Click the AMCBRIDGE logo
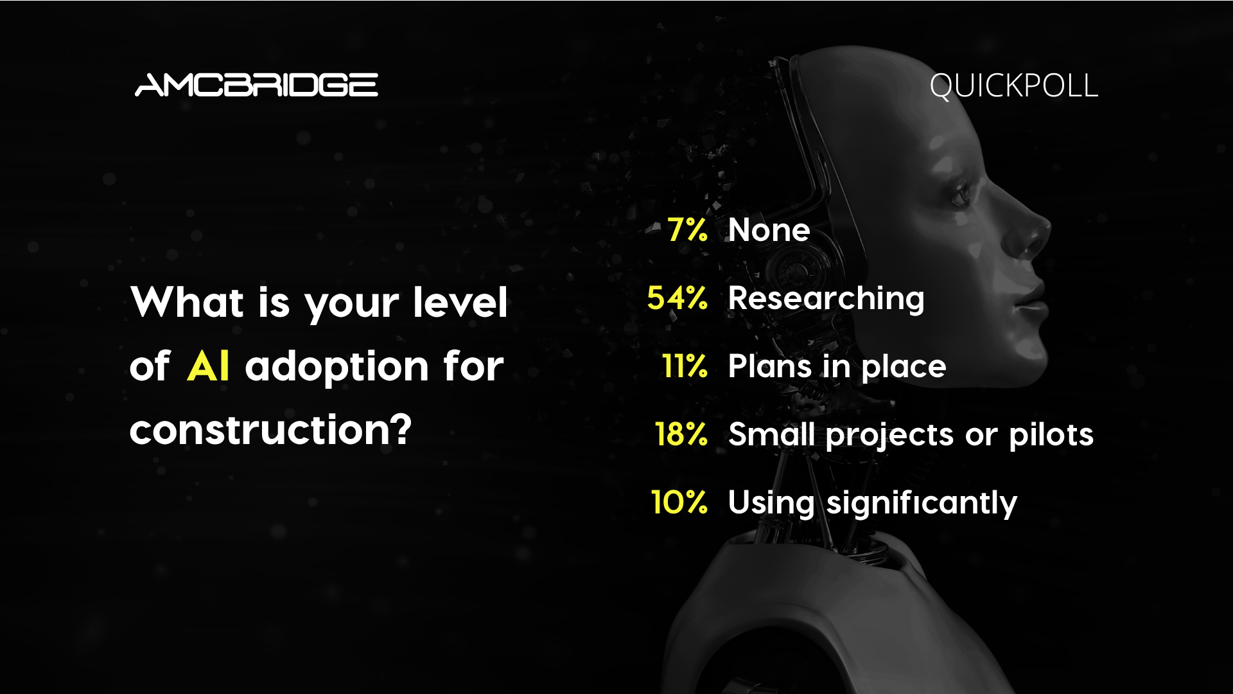pos(256,85)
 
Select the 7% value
pos(687,229)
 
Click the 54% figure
pos(677,298)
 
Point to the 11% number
pos(685,366)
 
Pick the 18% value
pos(681,434)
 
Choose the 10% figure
pos(679,502)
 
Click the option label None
pos(769,230)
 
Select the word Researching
pos(826,299)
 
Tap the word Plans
pos(771,366)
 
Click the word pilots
pos(1051,434)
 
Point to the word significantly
pos(922,504)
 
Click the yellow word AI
pos(208,367)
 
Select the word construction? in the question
pos(270,430)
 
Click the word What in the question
pos(187,302)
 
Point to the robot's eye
pos(961,193)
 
